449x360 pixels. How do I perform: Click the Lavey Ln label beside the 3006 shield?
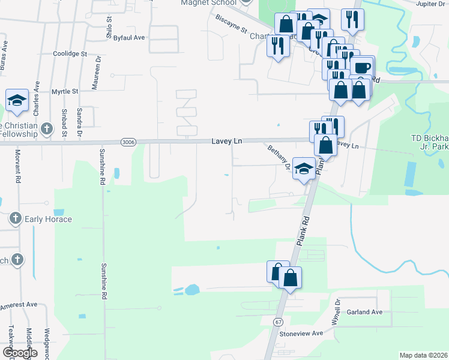226,141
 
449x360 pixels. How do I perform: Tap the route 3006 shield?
127,142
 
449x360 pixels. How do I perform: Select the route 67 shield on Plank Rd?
279,322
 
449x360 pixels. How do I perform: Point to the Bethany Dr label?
280,158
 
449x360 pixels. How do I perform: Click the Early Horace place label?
47,219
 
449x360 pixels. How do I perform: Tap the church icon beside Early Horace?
16,219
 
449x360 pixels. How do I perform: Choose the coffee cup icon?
362,67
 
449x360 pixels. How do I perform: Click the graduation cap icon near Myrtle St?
17,100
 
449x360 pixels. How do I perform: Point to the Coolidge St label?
70,53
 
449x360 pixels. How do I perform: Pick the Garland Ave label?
365,312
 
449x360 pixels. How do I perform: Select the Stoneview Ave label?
301,333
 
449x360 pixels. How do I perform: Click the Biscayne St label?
232,24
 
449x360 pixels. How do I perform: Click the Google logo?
20,353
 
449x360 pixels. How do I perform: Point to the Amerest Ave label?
18,305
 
